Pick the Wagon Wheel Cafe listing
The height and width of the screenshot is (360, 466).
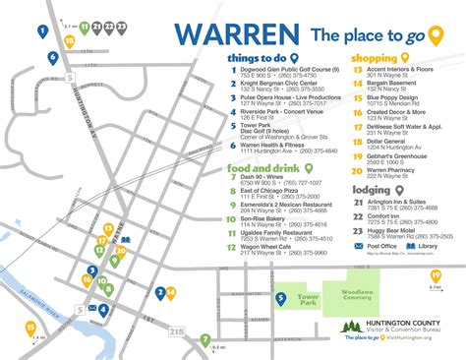pos(273,250)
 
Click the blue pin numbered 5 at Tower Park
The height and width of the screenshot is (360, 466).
pos(279,297)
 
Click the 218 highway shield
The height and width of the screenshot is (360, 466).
pos(176,333)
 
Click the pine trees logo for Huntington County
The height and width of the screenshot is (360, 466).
pos(352,327)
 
